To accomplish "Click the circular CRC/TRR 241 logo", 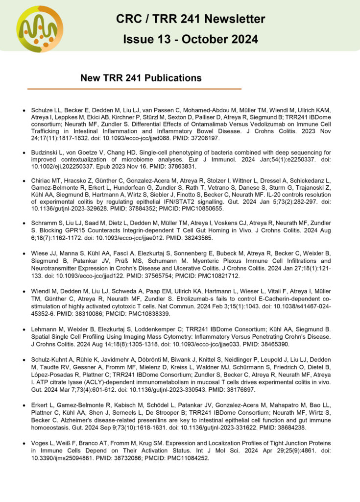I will coord(40,29).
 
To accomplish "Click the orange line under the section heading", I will coord(134,89).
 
